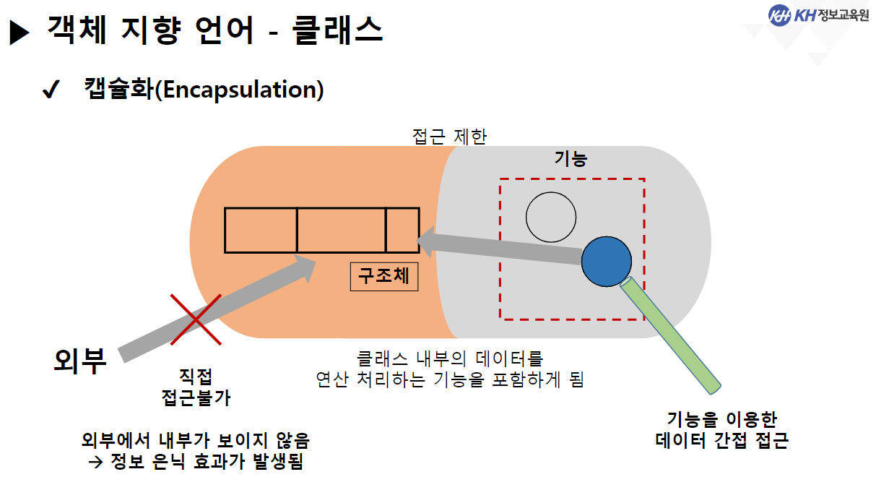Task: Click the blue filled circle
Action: point(607,261)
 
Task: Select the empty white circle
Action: point(551,217)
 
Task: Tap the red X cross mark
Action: point(195,319)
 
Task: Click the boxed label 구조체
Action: point(384,276)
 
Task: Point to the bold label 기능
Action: point(570,160)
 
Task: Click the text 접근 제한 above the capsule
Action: point(448,136)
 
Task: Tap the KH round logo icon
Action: point(779,15)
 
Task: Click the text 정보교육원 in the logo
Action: point(844,15)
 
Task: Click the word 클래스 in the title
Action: point(338,30)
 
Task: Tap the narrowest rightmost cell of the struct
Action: point(402,231)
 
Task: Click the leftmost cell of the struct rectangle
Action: point(261,231)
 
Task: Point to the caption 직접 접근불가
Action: point(196,387)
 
